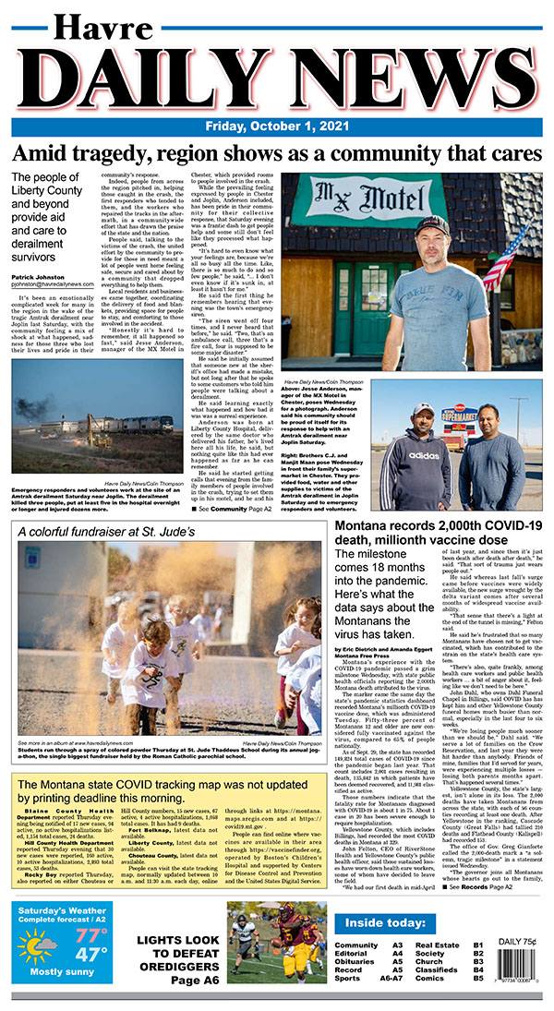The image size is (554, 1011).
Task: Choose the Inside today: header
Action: click(x=380, y=924)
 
